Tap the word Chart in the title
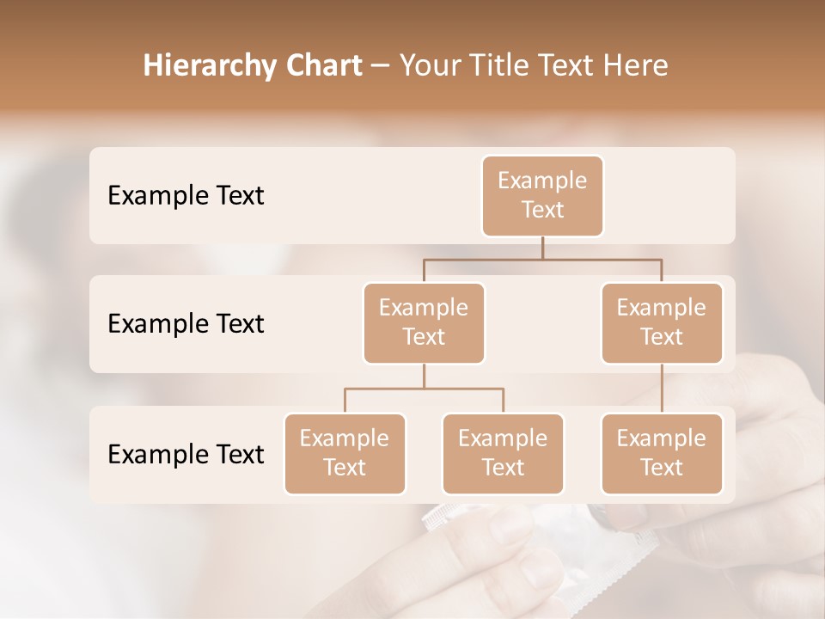pyautogui.click(x=322, y=65)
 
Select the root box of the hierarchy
pyautogui.click(x=542, y=195)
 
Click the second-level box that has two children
pyautogui.click(x=424, y=322)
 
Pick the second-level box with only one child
pyautogui.click(x=662, y=322)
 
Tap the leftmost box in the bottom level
pyautogui.click(x=345, y=453)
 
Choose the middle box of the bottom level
pyautogui.click(x=503, y=453)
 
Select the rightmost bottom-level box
pyautogui.click(x=662, y=453)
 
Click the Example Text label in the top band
pyautogui.click(x=186, y=196)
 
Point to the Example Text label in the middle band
pyautogui.click(x=186, y=324)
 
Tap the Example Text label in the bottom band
pyautogui.click(x=186, y=455)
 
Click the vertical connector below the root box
pyautogui.click(x=542, y=248)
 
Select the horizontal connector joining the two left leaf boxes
pyautogui.click(x=424, y=389)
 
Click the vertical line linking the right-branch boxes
pyautogui.click(x=662, y=389)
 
